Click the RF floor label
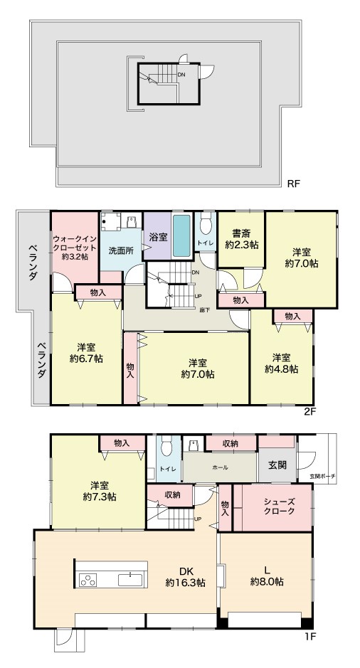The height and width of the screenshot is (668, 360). [294, 184]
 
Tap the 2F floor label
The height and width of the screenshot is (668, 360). [309, 412]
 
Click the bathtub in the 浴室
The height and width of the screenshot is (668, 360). [182, 235]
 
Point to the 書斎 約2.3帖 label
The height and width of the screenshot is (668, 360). [242, 239]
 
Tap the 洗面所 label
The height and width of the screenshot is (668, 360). [121, 250]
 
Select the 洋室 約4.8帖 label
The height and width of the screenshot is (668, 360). [281, 363]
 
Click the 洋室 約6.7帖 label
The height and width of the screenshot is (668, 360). [86, 352]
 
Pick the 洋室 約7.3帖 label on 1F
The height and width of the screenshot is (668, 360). [100, 491]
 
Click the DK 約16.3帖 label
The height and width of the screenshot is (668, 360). [185, 576]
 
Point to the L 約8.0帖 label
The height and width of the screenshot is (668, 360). [267, 575]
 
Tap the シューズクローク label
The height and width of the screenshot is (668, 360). [279, 507]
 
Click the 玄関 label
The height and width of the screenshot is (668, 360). [277, 465]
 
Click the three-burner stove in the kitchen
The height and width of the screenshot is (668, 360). [88, 580]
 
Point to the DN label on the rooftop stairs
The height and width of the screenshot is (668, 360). [181, 74]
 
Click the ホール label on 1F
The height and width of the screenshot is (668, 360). [220, 467]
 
